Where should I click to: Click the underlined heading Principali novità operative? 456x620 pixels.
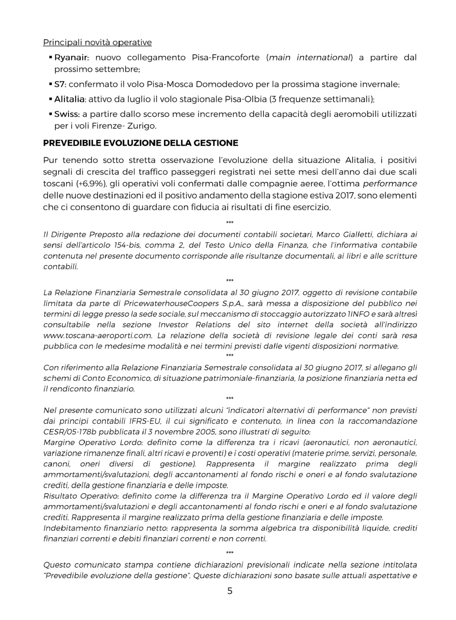(97, 42)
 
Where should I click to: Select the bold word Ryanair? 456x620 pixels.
(71, 58)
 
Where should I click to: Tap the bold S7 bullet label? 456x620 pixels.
(60, 84)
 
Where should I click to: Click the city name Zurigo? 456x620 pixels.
(143, 126)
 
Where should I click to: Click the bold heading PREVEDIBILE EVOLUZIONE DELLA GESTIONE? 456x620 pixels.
(141, 143)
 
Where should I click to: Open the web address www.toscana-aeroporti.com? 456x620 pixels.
(97, 336)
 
